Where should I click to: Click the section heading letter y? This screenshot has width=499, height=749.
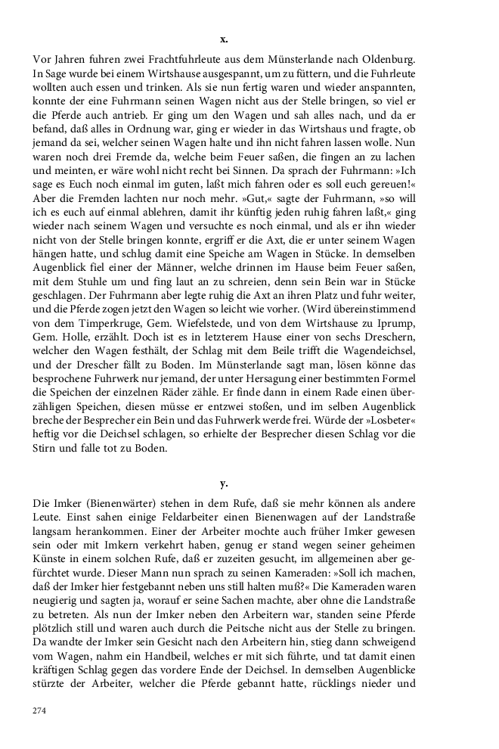pos(223,482)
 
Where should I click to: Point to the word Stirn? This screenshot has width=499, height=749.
pos(47,454)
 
